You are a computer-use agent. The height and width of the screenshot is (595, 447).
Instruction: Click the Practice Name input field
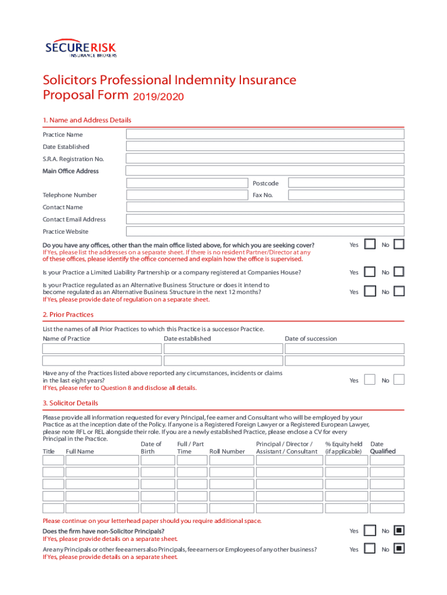(265, 134)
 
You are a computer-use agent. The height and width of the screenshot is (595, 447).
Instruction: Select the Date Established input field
(265, 146)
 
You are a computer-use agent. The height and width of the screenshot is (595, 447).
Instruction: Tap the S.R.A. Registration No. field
(265, 159)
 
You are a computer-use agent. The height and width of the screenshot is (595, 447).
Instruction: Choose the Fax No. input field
(346, 195)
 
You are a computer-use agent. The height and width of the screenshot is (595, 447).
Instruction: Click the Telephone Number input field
(188, 195)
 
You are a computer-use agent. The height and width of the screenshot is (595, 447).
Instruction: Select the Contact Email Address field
(265, 219)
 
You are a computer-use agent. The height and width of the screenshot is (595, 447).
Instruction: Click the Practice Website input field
(265, 231)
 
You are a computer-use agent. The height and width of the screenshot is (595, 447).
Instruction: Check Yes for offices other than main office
(370, 245)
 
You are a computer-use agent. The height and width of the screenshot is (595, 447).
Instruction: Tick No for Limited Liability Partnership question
(399, 272)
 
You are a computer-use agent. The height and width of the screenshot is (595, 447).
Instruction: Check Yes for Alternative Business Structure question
(370, 291)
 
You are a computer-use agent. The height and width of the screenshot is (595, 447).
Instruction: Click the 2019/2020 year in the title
(158, 97)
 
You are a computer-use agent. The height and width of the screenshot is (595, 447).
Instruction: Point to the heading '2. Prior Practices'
(68, 314)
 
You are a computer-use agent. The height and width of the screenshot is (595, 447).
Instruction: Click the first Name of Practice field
(102, 349)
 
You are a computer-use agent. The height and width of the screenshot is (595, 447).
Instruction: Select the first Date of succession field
(344, 349)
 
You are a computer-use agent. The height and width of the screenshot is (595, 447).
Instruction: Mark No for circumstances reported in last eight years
(399, 380)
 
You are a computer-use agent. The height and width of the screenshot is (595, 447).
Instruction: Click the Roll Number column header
(227, 451)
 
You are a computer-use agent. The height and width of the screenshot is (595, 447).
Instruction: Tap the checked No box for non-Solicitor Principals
(399, 531)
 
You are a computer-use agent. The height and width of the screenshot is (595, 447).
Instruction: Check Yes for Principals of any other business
(370, 549)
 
